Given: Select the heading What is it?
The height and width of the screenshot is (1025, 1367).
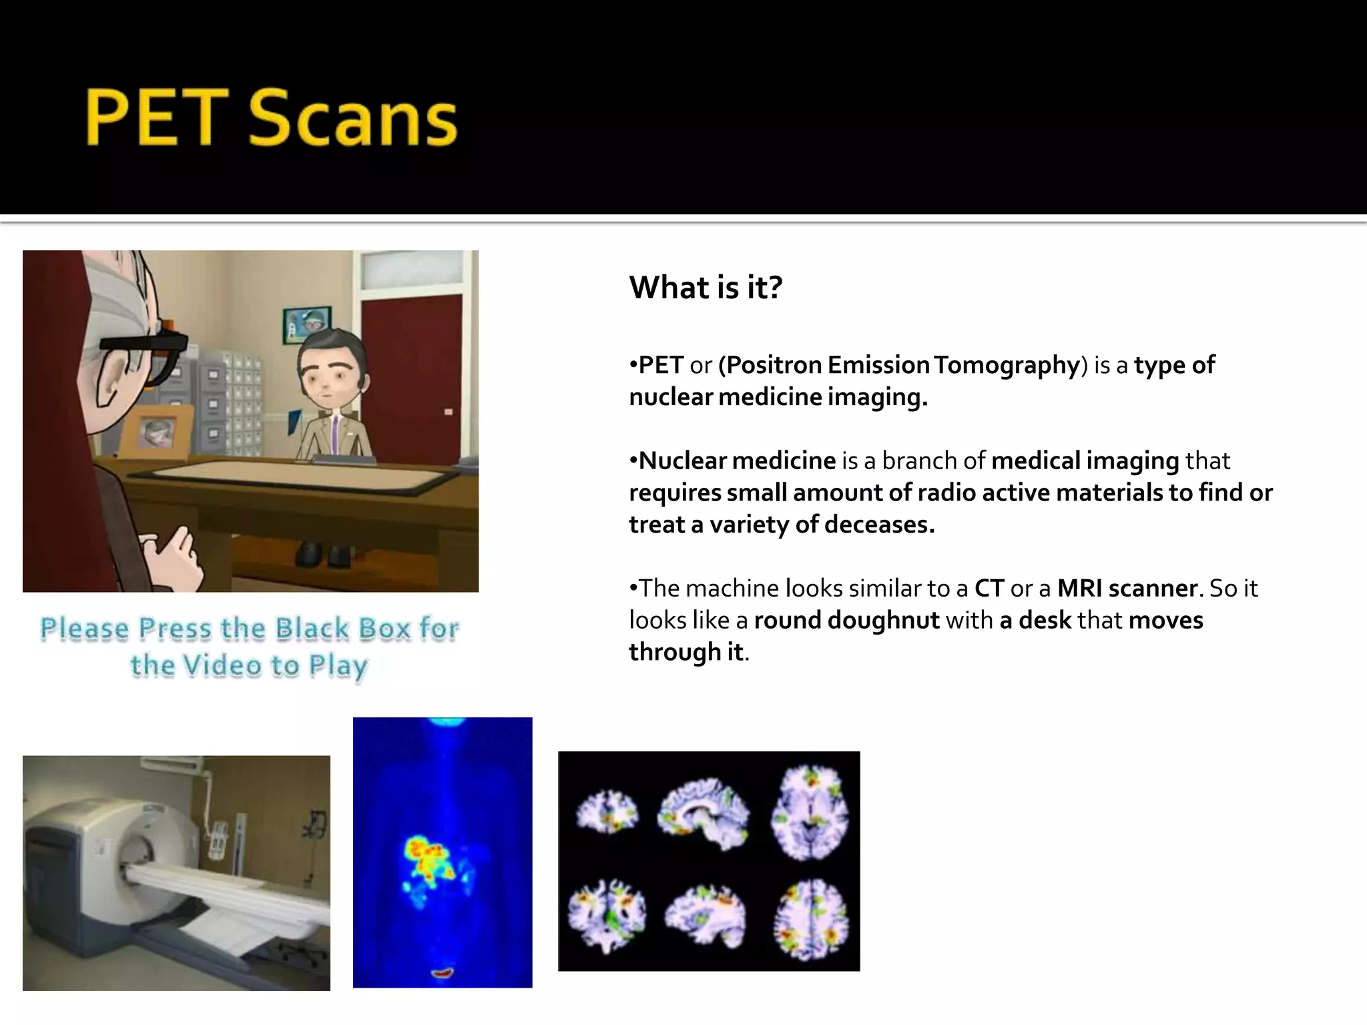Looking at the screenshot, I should click(x=705, y=288).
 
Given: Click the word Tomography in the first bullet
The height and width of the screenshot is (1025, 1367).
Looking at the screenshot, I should click(x=1007, y=365).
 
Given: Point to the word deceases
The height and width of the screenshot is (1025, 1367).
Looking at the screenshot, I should click(x=878, y=525).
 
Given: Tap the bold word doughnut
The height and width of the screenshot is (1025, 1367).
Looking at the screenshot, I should click(x=883, y=621).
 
